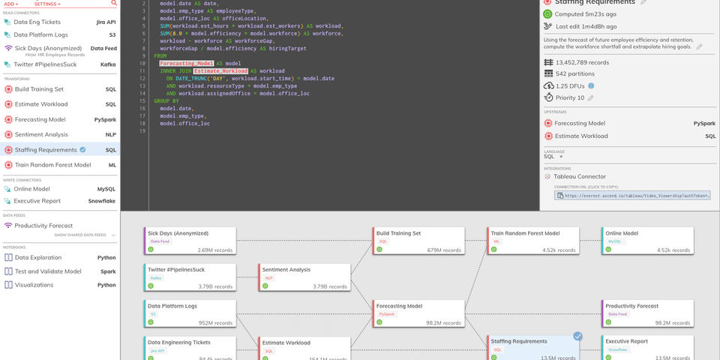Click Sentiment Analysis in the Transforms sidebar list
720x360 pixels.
tap(41, 135)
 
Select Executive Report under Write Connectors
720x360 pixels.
tap(37, 201)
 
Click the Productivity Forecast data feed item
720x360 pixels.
tap(43, 226)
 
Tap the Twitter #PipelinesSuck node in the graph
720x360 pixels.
tap(190, 276)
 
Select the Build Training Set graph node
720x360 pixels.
tap(418, 240)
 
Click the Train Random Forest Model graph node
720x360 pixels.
tap(533, 240)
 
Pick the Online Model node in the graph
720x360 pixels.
tap(647, 240)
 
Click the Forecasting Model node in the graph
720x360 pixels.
tap(418, 312)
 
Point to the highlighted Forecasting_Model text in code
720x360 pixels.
tap(186, 64)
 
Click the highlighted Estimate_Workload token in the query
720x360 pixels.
tap(220, 71)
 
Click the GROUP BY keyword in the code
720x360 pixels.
tap(166, 100)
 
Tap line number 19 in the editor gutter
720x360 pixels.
tap(142, 131)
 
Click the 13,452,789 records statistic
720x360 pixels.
tap(582, 63)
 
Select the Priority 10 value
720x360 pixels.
tap(571, 97)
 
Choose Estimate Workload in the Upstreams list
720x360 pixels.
tap(581, 136)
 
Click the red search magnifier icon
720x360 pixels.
tap(114, 3)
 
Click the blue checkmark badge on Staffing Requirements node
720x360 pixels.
tap(577, 336)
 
